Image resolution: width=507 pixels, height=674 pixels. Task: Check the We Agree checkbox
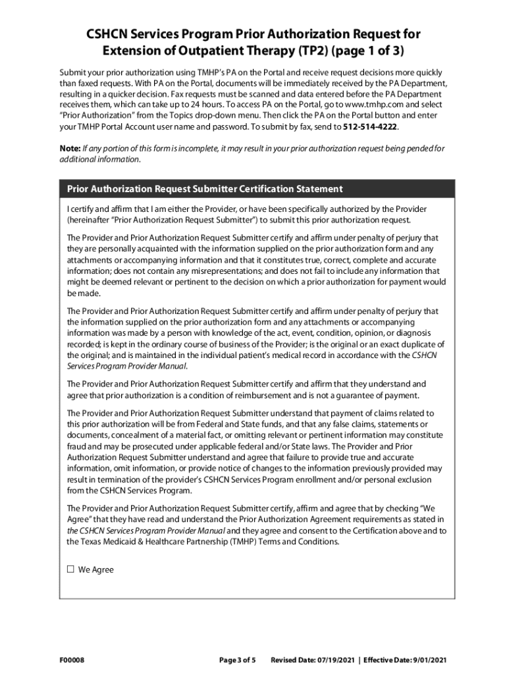[x=70, y=570]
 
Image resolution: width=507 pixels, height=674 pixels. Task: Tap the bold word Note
[x=70, y=149]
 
